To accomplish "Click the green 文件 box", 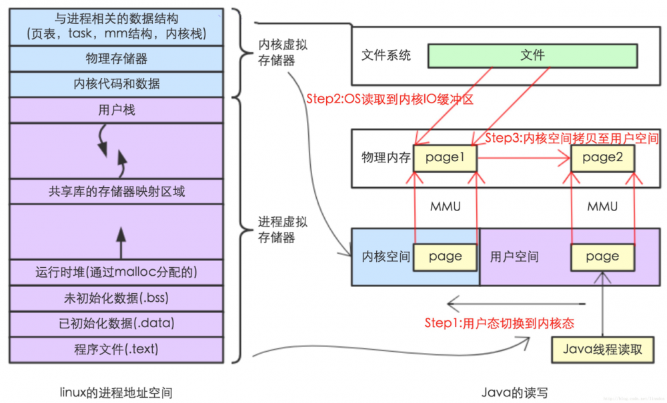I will pos(532,55).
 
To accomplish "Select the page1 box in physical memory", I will pos(446,157).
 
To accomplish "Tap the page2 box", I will pos(602,157).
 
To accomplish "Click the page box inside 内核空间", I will pos(446,256).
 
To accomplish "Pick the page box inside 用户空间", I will pos(602,256).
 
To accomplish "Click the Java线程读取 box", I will pos(602,349).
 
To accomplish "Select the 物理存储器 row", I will pos(117,59).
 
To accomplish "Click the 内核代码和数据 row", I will pos(117,85).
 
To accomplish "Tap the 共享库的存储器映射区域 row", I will pos(117,192).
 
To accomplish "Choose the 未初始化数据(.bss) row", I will pos(117,298).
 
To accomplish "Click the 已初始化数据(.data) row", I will pos(117,324).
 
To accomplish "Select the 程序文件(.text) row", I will pos(117,349).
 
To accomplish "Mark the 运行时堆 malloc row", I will pos(117,272).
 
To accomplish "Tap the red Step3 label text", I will pos(572,139).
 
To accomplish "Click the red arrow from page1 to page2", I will pos(524,159).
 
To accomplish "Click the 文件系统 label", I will pos(386,55).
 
